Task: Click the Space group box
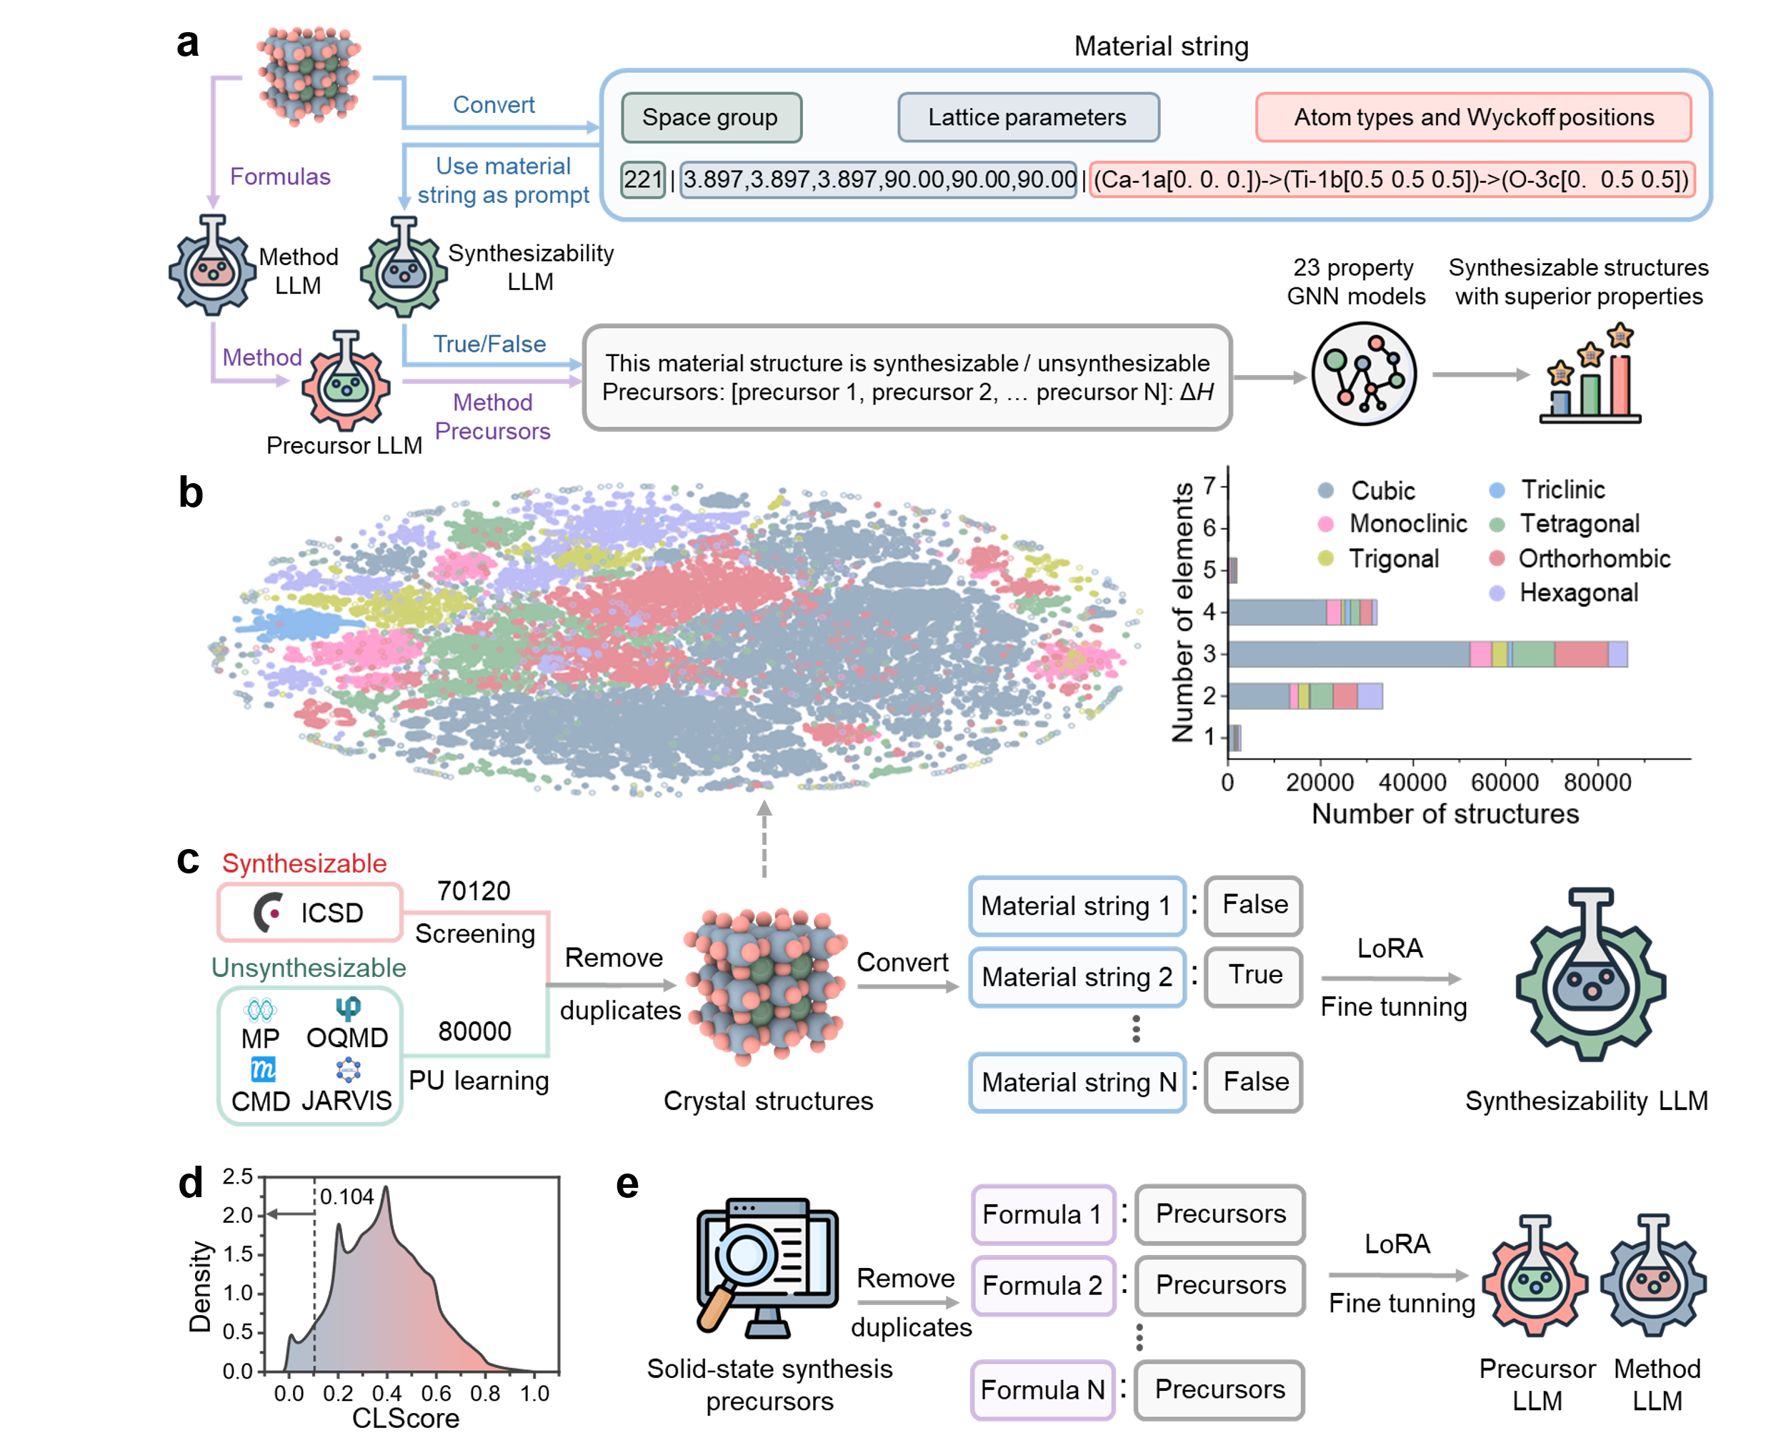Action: pos(711,118)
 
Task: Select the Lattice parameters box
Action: pos(1027,118)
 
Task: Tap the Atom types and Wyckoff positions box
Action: pos(1473,118)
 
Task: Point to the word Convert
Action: pos(494,105)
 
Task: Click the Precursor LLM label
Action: pos(344,446)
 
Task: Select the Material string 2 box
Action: pos(1077,977)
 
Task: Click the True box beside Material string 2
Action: pos(1253,976)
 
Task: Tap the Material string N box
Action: pos(1077,1083)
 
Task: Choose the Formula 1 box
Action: pos(1042,1214)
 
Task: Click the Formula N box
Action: pos(1042,1390)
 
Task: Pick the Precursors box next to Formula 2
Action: pos(1220,1284)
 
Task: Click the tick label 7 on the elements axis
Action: pos(1209,485)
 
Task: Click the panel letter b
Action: pos(191,493)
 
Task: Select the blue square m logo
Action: pos(264,1069)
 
